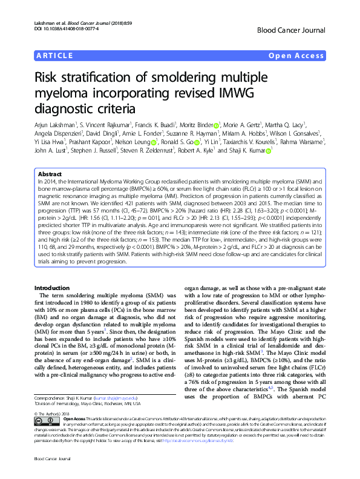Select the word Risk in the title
click(x=50, y=78)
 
